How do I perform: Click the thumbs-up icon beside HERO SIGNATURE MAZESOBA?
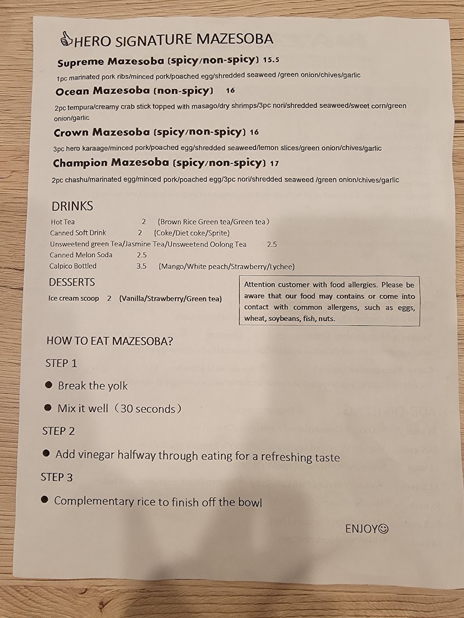pos(66,39)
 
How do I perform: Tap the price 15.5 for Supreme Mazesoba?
pos(271,59)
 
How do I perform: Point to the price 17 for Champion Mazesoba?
pos(274,163)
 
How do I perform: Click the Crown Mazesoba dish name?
pos(101,133)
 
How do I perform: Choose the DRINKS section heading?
pos(72,206)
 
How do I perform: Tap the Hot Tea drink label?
pos(63,222)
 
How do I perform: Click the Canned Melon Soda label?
pos(81,255)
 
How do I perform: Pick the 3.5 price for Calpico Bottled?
pos(141,266)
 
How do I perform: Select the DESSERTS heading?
pos(72,282)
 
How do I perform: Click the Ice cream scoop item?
pos(73,298)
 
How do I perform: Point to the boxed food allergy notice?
pos(329,302)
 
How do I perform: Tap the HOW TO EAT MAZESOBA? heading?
pos(110,341)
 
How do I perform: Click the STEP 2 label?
pos(58,431)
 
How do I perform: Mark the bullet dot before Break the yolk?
pos(48,385)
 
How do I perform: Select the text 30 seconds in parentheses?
pos(148,408)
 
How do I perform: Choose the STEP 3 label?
pos(57,477)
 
